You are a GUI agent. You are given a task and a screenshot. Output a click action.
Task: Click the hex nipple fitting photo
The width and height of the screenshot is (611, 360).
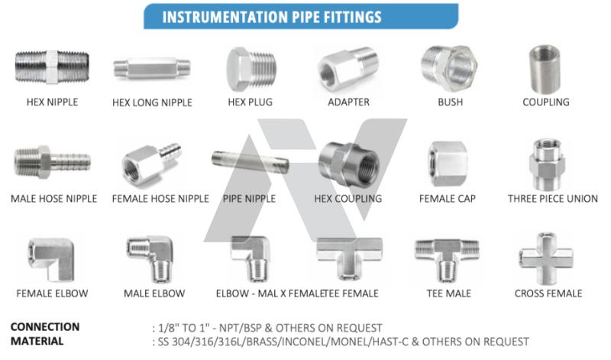coord(52,66)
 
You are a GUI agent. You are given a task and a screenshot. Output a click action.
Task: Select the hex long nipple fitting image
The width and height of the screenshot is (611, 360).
coord(152,69)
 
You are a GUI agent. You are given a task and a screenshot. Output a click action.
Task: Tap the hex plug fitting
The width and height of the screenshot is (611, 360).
coord(251,70)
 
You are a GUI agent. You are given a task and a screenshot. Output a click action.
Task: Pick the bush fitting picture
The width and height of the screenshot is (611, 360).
coord(449,67)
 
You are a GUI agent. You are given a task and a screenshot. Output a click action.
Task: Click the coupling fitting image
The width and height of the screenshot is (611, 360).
coord(545,69)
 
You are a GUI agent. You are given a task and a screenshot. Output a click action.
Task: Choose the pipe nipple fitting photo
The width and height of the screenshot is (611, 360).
coord(251,163)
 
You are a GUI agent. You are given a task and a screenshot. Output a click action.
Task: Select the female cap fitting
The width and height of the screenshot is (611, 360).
coord(448,164)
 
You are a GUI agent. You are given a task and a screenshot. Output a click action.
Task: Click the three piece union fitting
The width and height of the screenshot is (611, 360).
coord(547,164)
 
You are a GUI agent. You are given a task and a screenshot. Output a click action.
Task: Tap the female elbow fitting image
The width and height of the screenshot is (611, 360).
coord(51,259)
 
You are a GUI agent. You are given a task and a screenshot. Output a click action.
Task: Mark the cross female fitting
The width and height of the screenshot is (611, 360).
coord(546,258)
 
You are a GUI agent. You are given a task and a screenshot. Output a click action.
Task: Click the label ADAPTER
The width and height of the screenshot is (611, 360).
coord(348,102)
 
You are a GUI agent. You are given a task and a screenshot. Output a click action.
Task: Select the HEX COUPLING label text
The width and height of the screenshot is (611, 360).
coord(348,199)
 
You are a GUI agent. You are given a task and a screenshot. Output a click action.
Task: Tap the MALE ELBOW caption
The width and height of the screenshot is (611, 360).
coord(154,294)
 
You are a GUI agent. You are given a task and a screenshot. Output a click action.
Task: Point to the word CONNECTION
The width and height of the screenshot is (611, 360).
coord(45,327)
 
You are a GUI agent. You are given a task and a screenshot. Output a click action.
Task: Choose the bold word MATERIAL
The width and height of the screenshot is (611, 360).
coord(37,342)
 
